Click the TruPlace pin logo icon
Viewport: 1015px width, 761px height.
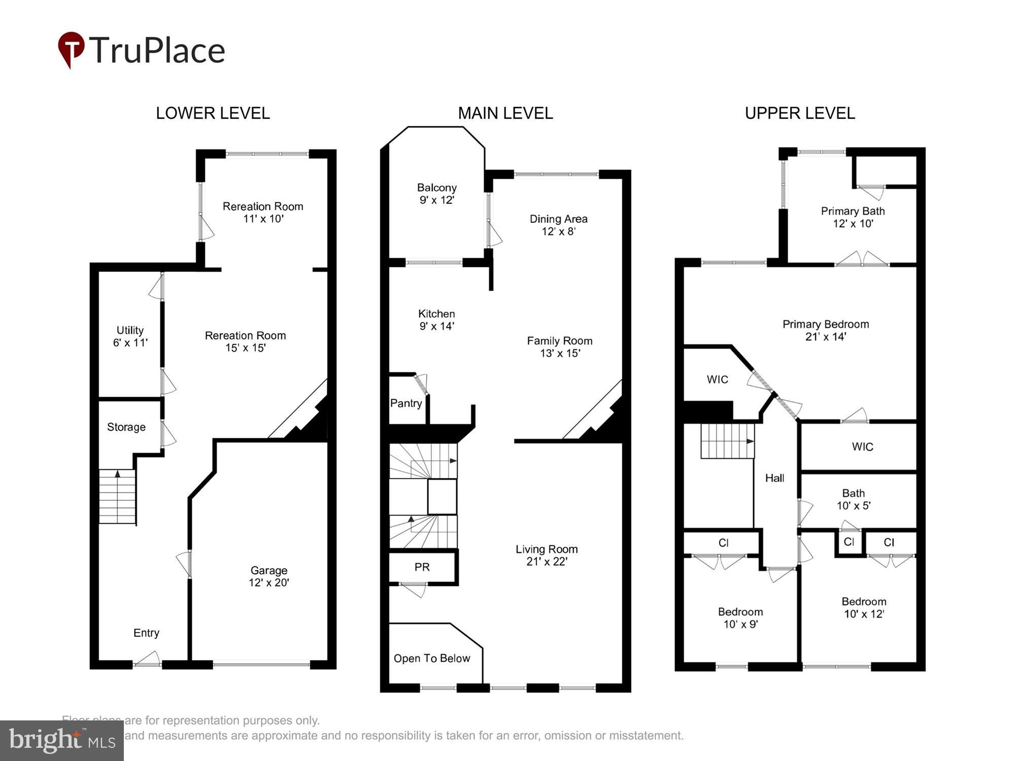(71, 49)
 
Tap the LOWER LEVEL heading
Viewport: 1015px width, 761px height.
(213, 113)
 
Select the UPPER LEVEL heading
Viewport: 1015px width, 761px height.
(800, 113)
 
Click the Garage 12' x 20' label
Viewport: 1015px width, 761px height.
(268, 576)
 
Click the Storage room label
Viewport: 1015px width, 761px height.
(126, 427)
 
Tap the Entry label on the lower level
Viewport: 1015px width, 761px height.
(146, 633)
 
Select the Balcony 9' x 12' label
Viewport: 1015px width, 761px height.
(436, 194)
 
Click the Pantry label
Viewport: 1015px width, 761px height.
(406, 403)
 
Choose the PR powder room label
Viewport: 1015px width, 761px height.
(422, 567)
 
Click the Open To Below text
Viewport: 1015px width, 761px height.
(432, 659)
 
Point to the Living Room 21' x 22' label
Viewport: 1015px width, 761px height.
(547, 555)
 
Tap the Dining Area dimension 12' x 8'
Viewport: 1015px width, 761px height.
(558, 231)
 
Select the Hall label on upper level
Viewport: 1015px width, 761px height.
(774, 478)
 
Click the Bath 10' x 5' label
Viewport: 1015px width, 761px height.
(853, 499)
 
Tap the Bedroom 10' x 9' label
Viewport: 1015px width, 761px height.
(740, 618)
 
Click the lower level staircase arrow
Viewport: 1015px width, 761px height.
(118, 474)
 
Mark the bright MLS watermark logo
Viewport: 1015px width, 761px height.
(62, 740)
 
